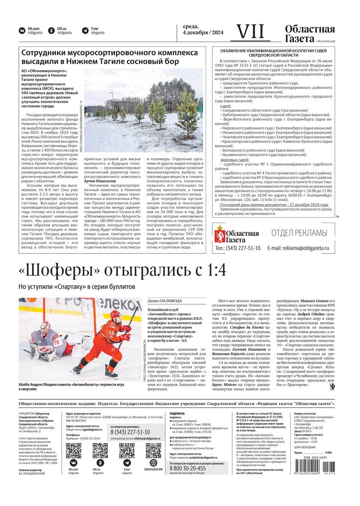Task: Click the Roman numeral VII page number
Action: pyautogui.click(x=250, y=32)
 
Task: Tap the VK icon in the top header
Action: pyautogui.click(x=22, y=31)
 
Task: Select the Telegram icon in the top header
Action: pyautogui.click(x=85, y=31)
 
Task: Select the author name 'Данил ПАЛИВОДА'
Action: pyautogui.click(x=165, y=301)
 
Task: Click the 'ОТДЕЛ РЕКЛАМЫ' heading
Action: pyautogui.click(x=299, y=233)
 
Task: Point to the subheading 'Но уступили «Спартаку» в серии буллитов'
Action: pyautogui.click(x=76, y=287)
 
